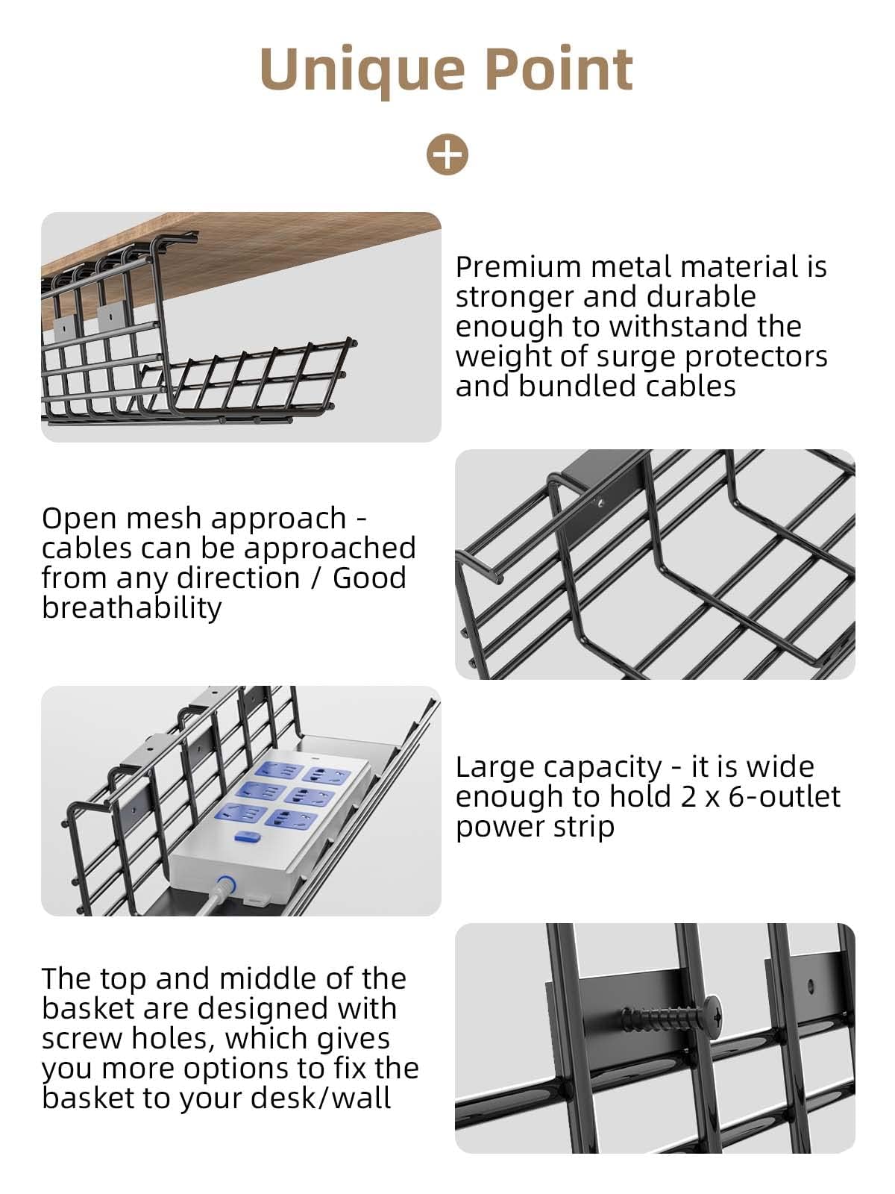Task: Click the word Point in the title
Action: pyautogui.click(x=559, y=69)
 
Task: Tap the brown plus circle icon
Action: pyautogui.click(x=447, y=154)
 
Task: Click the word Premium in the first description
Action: pyautogui.click(x=519, y=268)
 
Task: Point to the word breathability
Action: pyautogui.click(x=131, y=608)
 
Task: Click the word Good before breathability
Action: pyautogui.click(x=369, y=578)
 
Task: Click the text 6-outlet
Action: pyautogui.click(x=784, y=797)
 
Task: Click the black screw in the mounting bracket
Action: pyautogui.click(x=672, y=1015)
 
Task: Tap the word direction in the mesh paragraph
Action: pyautogui.click(x=239, y=578)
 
